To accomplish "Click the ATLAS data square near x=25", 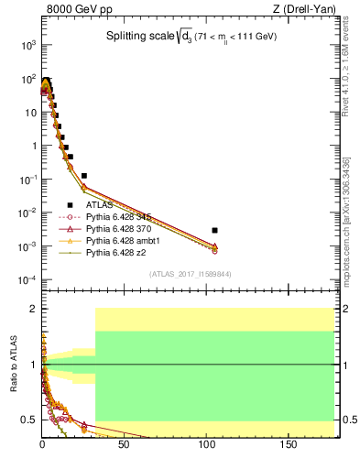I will pos(84,175).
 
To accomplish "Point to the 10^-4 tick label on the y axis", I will pos(27,279).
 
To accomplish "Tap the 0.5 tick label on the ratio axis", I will pos(30,420).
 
